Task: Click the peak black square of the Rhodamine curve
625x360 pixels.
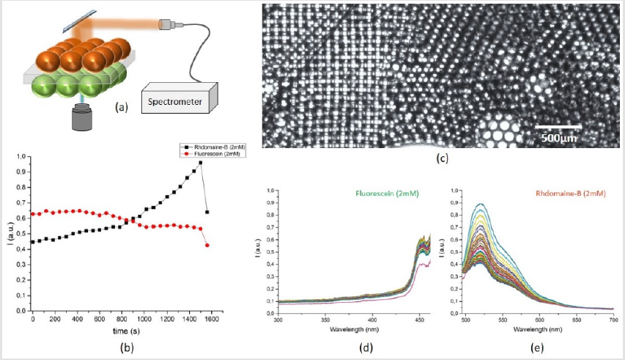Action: tap(200, 163)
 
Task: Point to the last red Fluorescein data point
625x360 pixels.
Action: tap(207, 245)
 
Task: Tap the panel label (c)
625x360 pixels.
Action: tap(442, 157)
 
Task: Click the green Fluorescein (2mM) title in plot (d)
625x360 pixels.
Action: tap(371, 194)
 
